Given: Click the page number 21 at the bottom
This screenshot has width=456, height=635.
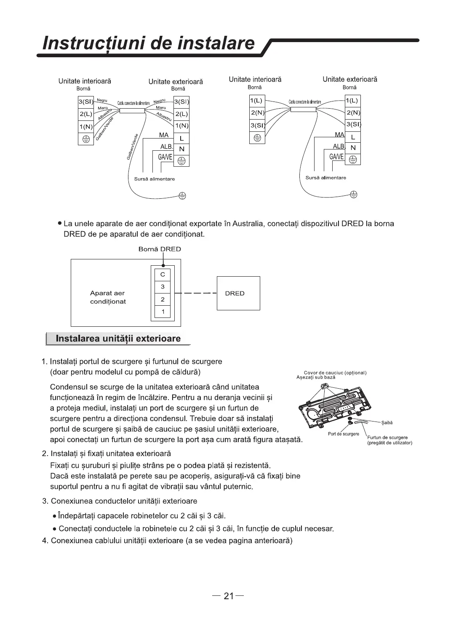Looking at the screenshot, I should [x=228, y=596].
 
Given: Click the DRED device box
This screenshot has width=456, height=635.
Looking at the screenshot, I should [x=238, y=293].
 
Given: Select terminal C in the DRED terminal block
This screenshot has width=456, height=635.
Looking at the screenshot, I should [x=163, y=275].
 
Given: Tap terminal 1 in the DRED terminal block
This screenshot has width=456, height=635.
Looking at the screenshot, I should [x=163, y=312].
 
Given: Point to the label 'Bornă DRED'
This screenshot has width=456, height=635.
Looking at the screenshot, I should [x=160, y=249].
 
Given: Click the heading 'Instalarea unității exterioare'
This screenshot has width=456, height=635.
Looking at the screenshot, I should [x=118, y=339].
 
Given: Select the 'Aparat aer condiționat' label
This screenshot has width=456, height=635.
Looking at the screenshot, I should [x=108, y=297].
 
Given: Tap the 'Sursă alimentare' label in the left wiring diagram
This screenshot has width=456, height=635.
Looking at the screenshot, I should [x=155, y=179].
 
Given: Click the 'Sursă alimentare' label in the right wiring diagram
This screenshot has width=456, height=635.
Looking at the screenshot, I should [x=326, y=178].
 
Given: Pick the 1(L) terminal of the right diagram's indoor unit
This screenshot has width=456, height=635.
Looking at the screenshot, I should [x=256, y=101].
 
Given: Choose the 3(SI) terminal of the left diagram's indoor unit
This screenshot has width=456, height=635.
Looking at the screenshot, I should [x=85, y=102].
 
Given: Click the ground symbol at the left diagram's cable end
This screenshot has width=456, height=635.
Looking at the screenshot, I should [x=182, y=196].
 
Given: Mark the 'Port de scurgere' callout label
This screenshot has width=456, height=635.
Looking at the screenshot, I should [x=343, y=434].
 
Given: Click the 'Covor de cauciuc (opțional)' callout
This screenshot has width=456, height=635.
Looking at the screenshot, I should [x=335, y=373].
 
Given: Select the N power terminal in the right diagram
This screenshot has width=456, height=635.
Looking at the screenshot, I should [x=353, y=148].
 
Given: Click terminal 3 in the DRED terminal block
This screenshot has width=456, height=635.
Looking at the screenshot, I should [x=163, y=287].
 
